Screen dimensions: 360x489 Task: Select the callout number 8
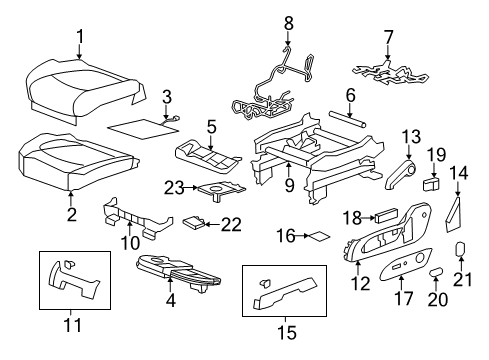pyautogui.click(x=289, y=21)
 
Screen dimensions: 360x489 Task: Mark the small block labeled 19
pyautogui.click(x=431, y=182)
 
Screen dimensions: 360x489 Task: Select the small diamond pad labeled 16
pyautogui.click(x=319, y=236)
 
